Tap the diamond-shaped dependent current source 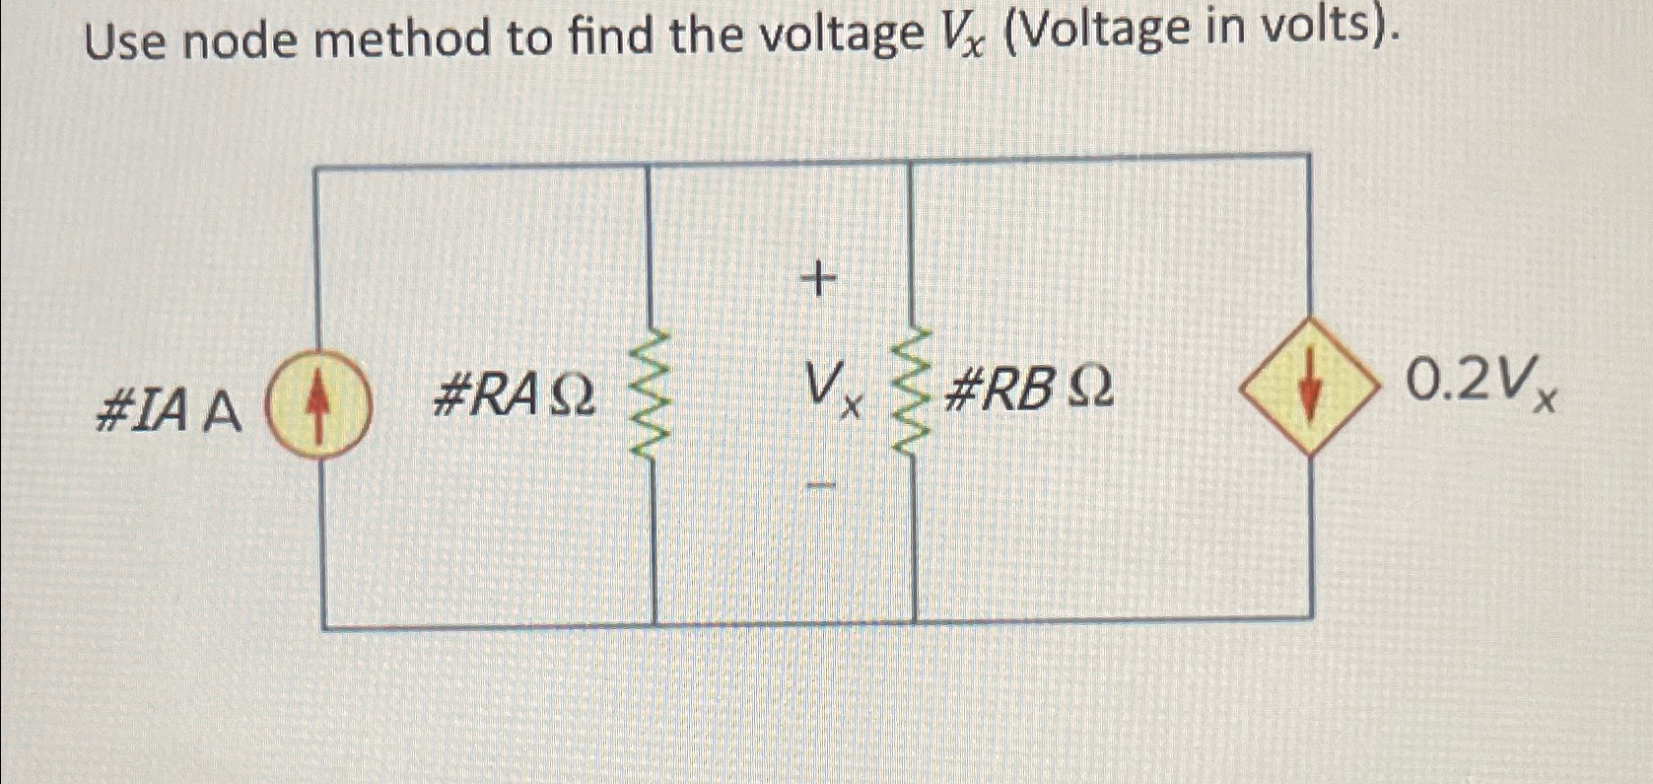1308,387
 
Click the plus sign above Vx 817,281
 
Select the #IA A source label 168,412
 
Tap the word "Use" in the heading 125,42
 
